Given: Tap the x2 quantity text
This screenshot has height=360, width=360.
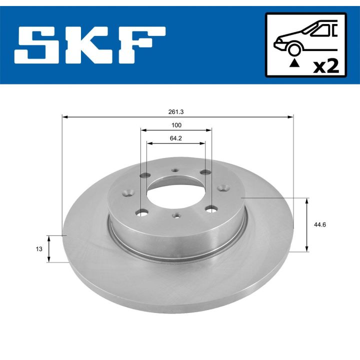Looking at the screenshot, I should point(325,66).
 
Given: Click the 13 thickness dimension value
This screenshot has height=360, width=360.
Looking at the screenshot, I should point(39,248).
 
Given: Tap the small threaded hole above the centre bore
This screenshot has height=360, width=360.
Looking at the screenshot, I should point(175,170).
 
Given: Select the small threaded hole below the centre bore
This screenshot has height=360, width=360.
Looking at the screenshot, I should point(175,216).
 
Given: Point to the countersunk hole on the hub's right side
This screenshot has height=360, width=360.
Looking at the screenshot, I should point(225,189).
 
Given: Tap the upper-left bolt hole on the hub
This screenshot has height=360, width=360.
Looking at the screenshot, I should point(146,175).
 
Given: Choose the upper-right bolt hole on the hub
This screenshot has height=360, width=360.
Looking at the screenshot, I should point(205,173).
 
